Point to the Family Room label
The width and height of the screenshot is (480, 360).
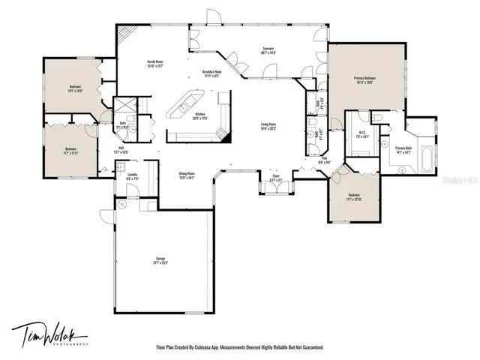[154, 63]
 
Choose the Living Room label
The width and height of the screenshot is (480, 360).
[268, 126]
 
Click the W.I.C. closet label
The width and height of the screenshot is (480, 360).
[361, 136]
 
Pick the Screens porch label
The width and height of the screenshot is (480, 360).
[268, 50]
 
